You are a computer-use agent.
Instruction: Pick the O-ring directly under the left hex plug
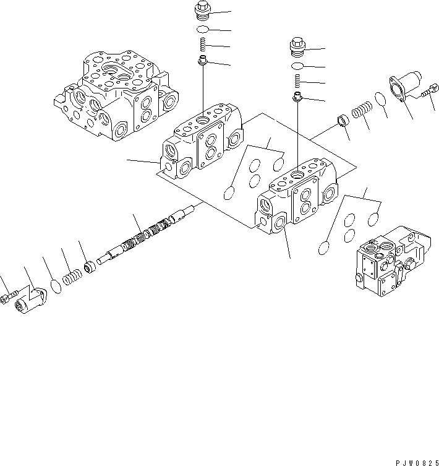(x=203, y=30)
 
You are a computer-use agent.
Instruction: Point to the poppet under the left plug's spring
(x=203, y=61)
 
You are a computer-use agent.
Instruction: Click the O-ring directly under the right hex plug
(x=297, y=66)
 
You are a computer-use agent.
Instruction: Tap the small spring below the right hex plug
(x=297, y=80)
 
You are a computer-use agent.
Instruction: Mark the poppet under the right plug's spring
(x=297, y=96)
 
